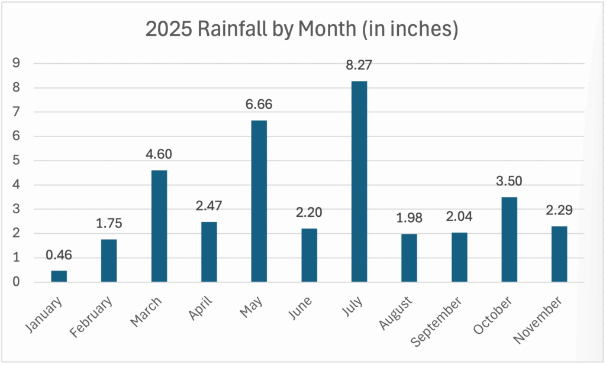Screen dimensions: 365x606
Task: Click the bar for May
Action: click(259, 201)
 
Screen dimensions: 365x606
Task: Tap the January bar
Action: click(59, 276)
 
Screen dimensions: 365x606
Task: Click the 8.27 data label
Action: click(359, 66)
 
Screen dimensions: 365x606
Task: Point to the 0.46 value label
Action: click(59, 255)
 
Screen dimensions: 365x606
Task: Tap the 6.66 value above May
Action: click(259, 105)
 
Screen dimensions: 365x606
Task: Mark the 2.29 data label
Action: click(559, 211)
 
